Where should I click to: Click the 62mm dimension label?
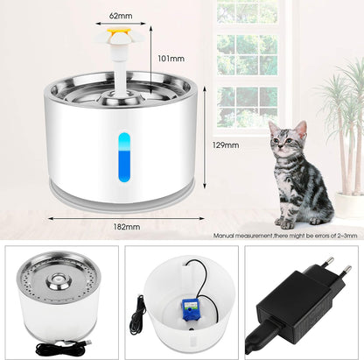(x=121, y=16)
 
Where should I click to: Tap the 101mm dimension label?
(x=171, y=59)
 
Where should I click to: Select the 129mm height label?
(x=226, y=145)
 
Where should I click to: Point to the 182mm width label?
(x=127, y=227)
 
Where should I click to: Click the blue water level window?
(x=124, y=157)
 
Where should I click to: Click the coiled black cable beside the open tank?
(x=137, y=316)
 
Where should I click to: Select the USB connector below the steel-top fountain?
(x=87, y=342)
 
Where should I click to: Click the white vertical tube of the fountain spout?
(x=119, y=70)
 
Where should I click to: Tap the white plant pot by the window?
(x=349, y=205)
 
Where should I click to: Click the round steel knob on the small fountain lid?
(x=58, y=280)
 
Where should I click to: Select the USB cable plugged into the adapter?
(x=260, y=336)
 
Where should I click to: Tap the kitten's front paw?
(x=288, y=224)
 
